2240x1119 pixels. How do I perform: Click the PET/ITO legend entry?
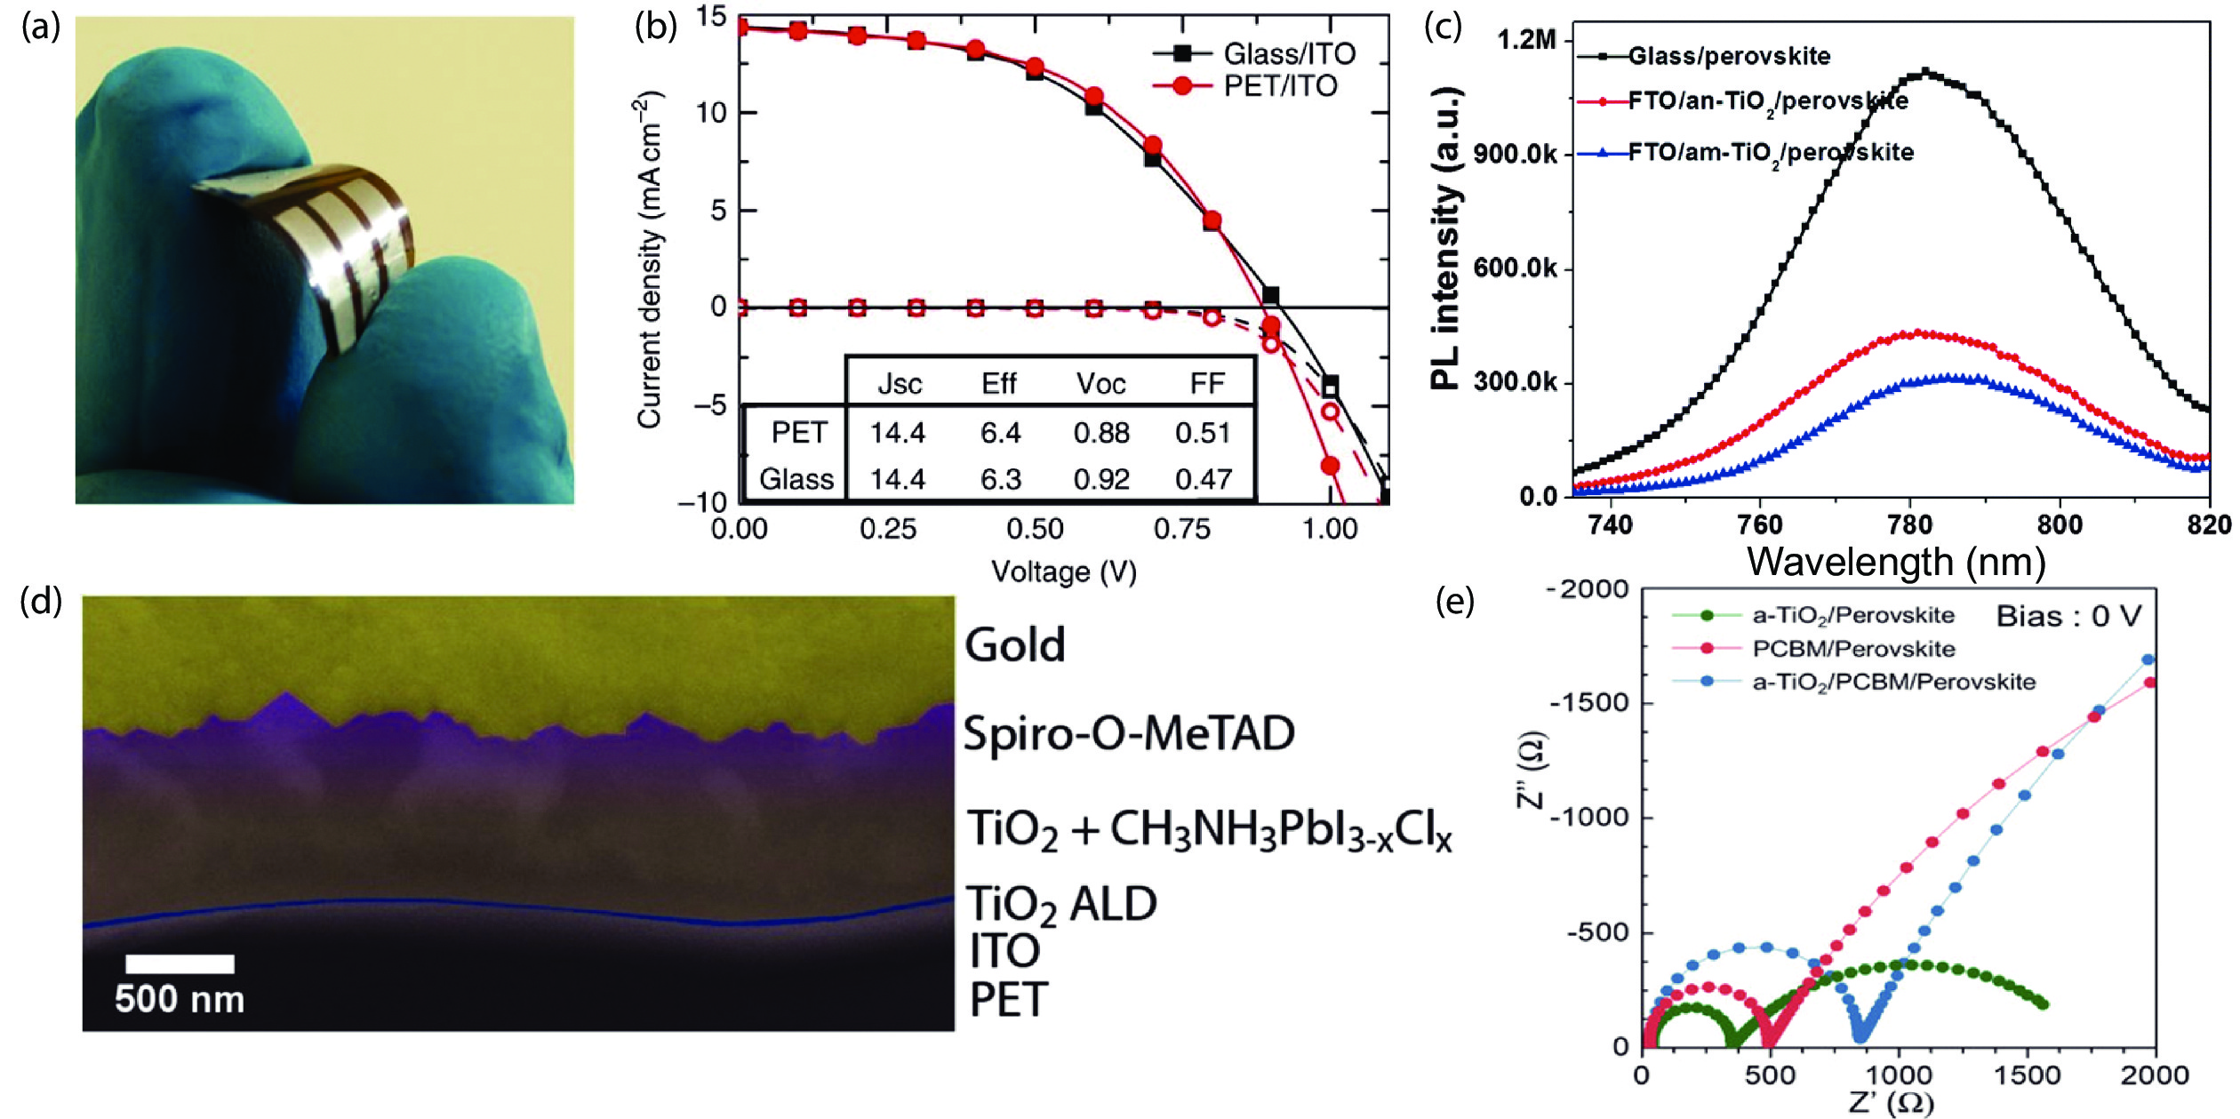coord(1279,86)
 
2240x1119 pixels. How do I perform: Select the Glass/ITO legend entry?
coord(1289,53)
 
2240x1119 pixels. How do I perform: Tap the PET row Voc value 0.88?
coord(1100,433)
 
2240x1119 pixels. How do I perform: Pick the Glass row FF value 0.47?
coord(1203,479)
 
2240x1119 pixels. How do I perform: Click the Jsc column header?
coord(899,384)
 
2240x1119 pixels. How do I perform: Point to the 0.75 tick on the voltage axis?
coord(1181,530)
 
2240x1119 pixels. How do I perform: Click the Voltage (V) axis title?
coord(1064,571)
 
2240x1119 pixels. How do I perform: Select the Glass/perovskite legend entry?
coord(1728,57)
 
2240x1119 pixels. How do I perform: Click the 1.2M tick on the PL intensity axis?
coord(1525,40)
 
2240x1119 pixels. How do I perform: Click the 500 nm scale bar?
coord(180,964)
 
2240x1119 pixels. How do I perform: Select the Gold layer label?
coord(1014,645)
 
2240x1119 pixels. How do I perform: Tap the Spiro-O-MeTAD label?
coord(1129,734)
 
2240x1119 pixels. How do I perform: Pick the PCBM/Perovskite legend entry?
coord(1852,649)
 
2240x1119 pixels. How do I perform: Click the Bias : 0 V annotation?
coord(2068,616)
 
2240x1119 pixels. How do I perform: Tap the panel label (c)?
coord(1443,28)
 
